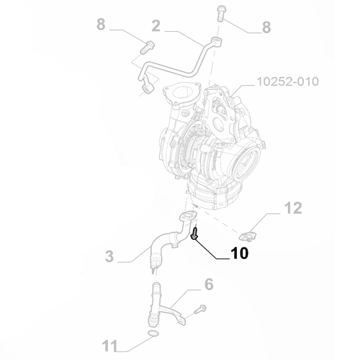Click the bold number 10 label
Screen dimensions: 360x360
pos(239,254)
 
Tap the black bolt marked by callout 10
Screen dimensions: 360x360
pos(194,232)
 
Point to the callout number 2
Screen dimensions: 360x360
pos(156,26)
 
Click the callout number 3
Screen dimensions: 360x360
pos(109,256)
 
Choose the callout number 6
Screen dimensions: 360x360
pos(208,284)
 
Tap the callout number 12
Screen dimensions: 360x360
pos(292,208)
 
